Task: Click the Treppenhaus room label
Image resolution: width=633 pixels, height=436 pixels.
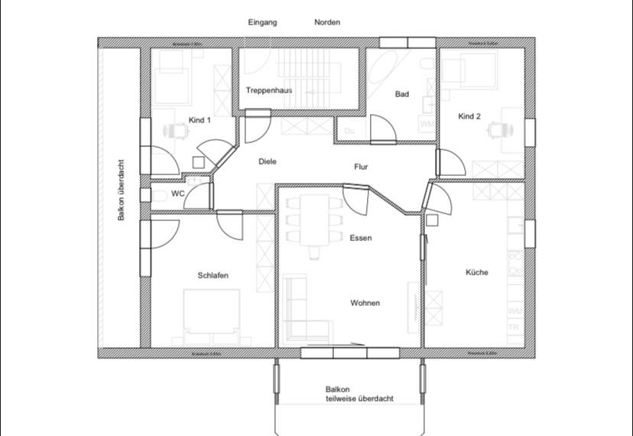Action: coord(269,90)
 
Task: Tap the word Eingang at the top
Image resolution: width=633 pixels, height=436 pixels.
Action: coord(262,22)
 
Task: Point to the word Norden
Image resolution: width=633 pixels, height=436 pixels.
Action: coord(327,22)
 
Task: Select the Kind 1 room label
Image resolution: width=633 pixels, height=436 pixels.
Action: coord(200,120)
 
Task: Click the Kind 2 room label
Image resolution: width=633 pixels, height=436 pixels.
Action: coord(469,116)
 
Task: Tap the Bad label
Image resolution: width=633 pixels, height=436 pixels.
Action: coord(402,94)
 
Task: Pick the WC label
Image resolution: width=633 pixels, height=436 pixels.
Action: coord(177,194)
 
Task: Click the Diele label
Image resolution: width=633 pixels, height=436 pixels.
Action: coord(268,161)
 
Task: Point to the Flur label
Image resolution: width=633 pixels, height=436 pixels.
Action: coord(362,166)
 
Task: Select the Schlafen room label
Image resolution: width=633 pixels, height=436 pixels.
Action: coord(213,275)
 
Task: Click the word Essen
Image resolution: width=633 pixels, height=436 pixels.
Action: coord(361,238)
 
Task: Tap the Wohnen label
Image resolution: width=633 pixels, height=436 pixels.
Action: coord(365,303)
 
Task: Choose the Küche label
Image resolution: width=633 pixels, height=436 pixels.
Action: coord(476,272)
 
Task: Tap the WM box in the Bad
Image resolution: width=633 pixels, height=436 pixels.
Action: coord(427,122)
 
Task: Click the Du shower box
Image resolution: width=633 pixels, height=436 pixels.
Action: coord(349,131)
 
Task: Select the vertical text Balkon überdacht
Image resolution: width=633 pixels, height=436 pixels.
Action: coord(121,190)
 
